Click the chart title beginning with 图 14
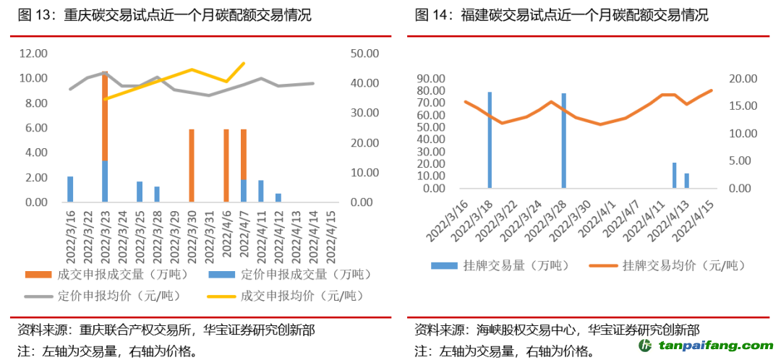[562, 15]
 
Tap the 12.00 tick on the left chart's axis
[34, 53]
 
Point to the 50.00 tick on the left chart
[365, 53]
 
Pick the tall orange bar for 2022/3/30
[191, 166]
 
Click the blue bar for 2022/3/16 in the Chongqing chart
[70, 189]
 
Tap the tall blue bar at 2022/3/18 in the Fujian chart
[490, 140]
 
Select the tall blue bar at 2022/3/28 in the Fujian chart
[564, 141]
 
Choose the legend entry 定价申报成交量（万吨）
[289, 274]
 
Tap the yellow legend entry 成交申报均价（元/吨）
[289, 296]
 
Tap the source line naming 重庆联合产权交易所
[166, 330]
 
